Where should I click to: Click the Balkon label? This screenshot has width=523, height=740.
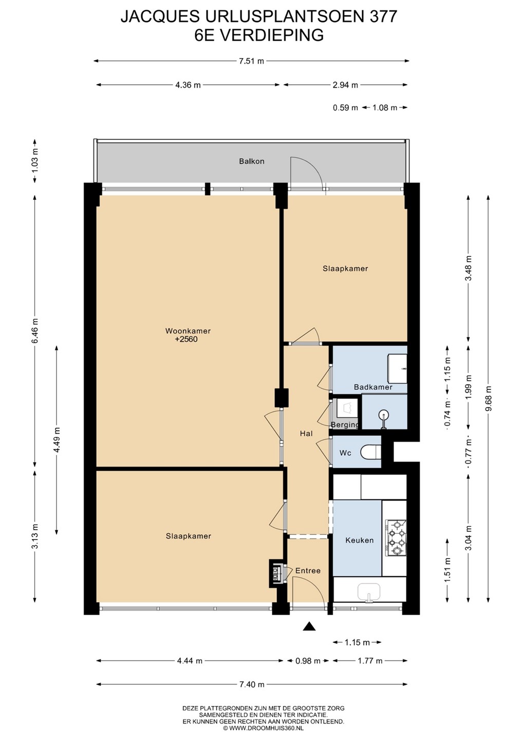[x=252, y=161]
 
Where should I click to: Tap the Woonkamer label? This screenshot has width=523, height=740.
[x=188, y=331]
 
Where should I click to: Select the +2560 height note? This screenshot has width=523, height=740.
[x=188, y=339]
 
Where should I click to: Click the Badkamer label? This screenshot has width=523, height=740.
[x=373, y=387]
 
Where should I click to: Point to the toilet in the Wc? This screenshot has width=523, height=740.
[x=371, y=452]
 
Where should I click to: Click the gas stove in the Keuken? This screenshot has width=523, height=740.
[x=396, y=538]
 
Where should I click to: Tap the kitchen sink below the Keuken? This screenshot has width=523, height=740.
[x=369, y=592]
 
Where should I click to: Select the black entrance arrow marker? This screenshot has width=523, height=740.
[x=309, y=626]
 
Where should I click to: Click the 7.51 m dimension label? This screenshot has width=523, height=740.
[x=252, y=61]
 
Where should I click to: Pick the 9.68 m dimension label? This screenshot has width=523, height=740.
[x=489, y=398]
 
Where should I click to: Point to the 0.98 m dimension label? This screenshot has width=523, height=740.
[x=308, y=661]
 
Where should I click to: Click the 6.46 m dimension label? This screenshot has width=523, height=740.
[x=35, y=331]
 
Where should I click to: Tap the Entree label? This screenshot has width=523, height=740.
[x=308, y=570]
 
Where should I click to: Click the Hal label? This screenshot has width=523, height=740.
[x=306, y=433]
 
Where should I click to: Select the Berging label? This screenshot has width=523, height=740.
[x=345, y=425]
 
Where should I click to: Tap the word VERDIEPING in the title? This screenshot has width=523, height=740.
[x=272, y=35]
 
